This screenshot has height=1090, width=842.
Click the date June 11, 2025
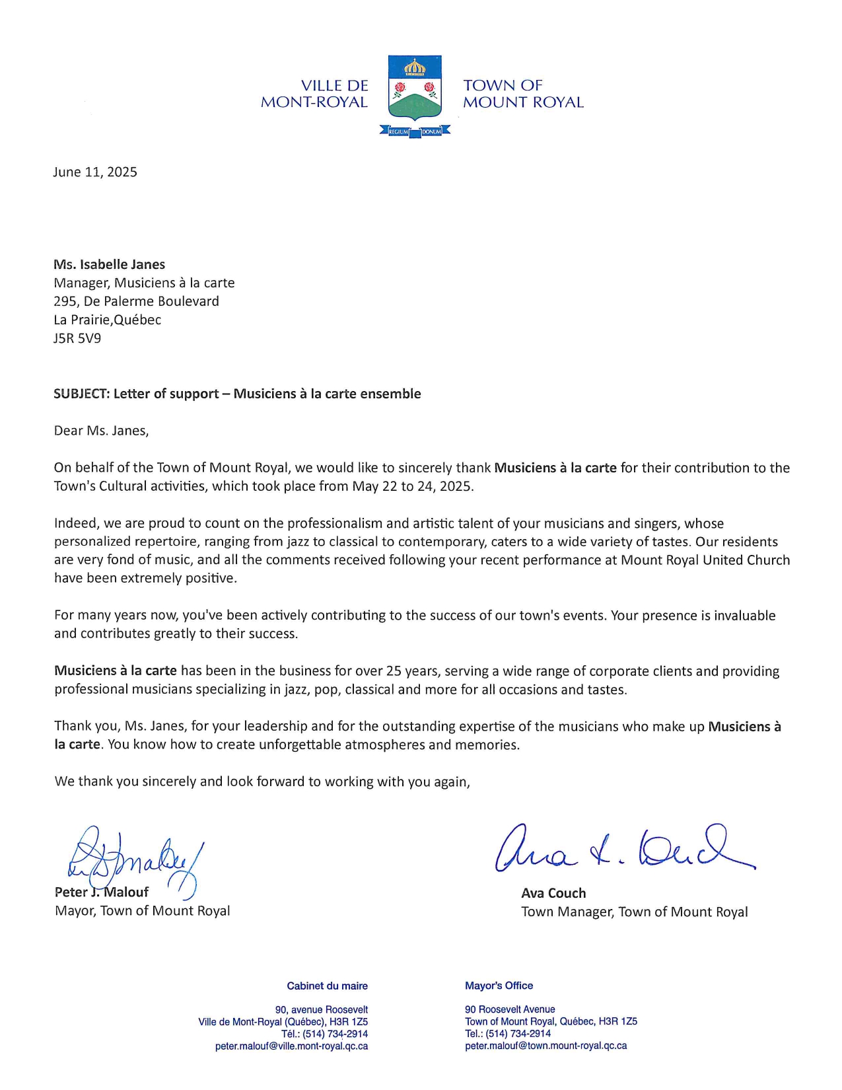tap(95, 172)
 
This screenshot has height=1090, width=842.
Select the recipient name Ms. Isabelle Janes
tap(110, 265)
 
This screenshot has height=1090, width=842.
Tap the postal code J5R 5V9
tap(77, 339)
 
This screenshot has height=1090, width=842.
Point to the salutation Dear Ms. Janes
tap(102, 431)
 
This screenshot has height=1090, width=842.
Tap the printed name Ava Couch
tap(553, 894)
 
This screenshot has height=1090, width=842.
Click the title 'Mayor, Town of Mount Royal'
tap(143, 911)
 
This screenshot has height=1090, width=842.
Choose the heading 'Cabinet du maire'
tap(327, 986)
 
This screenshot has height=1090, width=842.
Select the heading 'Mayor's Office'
tap(499, 986)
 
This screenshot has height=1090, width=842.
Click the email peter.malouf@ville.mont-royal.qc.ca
tap(291, 1046)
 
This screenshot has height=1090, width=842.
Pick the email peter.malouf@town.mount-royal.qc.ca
tap(545, 1046)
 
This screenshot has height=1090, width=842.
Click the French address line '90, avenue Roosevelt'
tap(322, 1010)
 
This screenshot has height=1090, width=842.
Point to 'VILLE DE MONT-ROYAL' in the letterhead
tap(314, 94)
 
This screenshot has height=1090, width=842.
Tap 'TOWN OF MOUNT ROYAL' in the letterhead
tap(523, 94)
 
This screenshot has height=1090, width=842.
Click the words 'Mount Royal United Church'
tap(705, 560)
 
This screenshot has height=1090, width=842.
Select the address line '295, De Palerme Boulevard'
tap(136, 302)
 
